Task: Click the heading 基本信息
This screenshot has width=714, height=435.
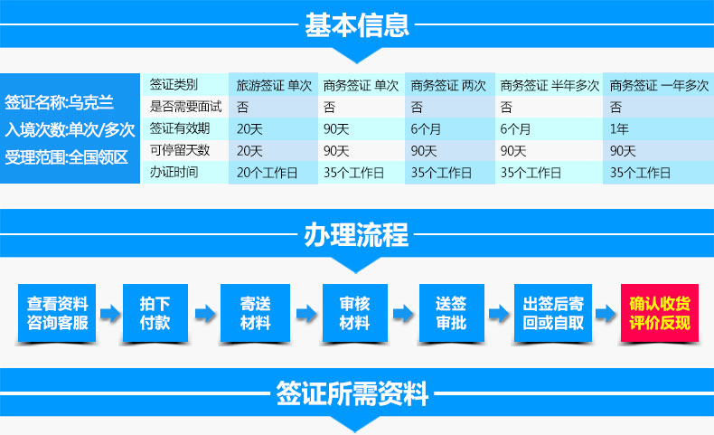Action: [356, 25]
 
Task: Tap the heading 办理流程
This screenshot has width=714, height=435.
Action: [356, 235]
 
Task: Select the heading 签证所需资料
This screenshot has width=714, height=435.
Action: [352, 393]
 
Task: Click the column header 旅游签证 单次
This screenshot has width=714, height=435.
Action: [274, 85]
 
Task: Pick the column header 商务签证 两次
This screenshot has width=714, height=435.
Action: [448, 85]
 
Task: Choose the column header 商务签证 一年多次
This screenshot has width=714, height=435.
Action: [659, 85]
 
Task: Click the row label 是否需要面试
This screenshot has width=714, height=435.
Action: [186, 107]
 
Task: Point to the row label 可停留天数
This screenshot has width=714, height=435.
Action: [180, 150]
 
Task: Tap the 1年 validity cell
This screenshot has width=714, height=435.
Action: [619, 129]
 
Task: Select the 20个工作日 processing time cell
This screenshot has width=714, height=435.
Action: [267, 173]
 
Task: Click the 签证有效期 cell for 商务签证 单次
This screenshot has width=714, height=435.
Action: [336, 129]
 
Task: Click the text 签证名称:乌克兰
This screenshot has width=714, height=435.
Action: [59, 102]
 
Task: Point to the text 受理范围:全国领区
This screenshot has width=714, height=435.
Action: [67, 157]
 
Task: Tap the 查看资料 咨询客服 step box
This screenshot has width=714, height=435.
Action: [57, 313]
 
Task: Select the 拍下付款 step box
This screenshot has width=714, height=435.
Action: [155, 313]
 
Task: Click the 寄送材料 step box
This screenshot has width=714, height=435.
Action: [255, 313]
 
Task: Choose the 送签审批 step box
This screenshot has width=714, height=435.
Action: [451, 313]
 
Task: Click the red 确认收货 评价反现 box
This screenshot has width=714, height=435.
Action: [660, 313]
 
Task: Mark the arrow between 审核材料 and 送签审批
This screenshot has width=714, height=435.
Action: [403, 314]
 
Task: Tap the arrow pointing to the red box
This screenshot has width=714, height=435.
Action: [606, 314]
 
